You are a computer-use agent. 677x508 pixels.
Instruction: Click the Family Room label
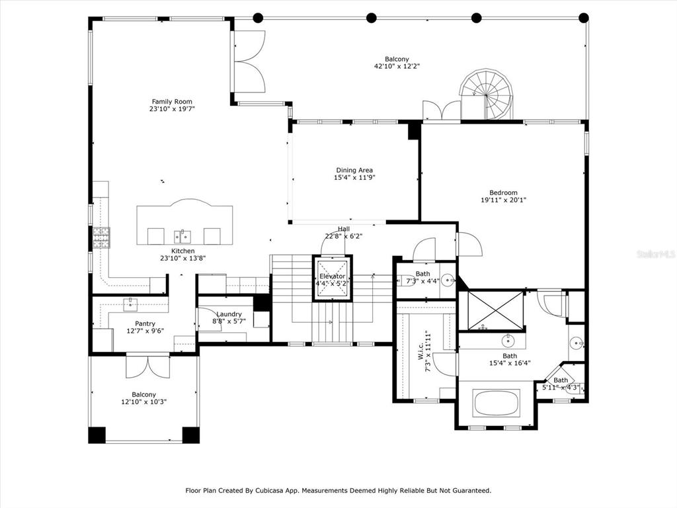click(x=172, y=102)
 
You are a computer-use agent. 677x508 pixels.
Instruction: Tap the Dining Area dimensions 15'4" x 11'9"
click(x=354, y=177)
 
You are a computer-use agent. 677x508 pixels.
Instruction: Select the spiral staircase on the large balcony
click(x=486, y=94)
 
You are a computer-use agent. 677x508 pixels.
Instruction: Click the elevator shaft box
click(x=333, y=278)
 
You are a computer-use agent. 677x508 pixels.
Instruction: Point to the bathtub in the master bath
click(x=497, y=403)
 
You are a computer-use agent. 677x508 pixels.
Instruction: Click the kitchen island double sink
click(x=182, y=237)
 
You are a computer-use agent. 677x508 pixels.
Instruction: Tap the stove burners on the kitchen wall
click(x=101, y=238)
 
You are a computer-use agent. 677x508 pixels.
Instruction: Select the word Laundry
click(x=229, y=314)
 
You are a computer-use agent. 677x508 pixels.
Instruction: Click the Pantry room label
click(x=145, y=324)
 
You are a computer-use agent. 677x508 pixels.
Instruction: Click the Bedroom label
click(x=503, y=192)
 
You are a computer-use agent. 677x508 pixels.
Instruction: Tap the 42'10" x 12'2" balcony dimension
click(x=397, y=67)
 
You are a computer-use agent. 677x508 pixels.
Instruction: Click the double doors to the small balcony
click(x=147, y=366)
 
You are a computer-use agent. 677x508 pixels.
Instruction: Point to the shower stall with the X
click(x=495, y=310)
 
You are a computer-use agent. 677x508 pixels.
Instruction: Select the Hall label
click(x=344, y=229)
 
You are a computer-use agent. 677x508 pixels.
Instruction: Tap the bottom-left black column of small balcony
click(x=97, y=435)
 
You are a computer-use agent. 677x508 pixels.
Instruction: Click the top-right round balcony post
click(x=584, y=18)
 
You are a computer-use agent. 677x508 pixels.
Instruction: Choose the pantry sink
click(x=130, y=304)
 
